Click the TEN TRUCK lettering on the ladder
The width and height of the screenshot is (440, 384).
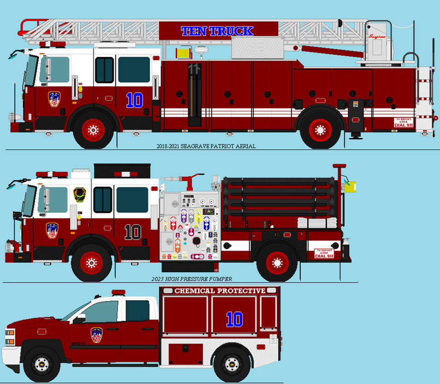217,31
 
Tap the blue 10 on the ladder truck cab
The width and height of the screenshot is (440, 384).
134,100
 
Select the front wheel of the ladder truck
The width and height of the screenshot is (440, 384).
93,130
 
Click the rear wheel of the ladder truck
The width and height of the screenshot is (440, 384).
320,130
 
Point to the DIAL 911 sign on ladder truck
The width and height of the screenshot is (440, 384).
403,122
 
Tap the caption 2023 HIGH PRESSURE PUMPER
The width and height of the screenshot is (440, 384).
192,279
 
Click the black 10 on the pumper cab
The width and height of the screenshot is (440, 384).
133,232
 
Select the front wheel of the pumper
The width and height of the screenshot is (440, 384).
91,263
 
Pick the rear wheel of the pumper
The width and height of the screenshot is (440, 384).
277,263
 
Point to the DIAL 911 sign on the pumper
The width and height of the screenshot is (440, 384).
324,253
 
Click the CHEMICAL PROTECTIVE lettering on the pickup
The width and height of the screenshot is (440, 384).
220,291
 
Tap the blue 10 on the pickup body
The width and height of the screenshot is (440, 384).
234,319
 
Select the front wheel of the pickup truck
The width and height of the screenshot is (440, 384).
42,363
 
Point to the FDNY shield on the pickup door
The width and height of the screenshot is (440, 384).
97,335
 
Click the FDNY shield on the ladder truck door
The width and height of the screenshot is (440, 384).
54,99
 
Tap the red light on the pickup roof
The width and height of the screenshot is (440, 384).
118,292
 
